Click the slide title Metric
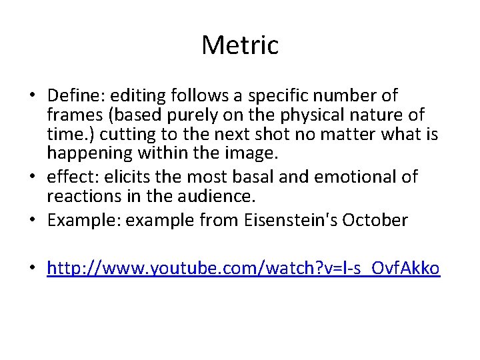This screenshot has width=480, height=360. click(x=240, y=45)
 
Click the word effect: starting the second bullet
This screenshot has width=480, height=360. click(x=71, y=177)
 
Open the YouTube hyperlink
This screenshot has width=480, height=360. click(x=243, y=268)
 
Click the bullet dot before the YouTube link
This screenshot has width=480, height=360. click(x=32, y=269)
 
